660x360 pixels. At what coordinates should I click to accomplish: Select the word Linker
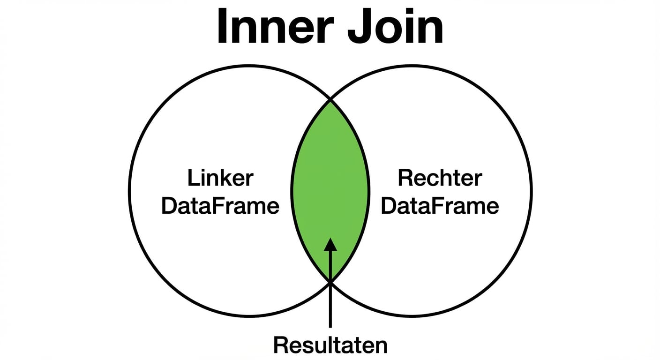click(220, 179)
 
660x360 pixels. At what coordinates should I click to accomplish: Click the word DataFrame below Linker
click(220, 206)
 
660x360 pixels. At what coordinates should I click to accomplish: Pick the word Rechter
click(440, 179)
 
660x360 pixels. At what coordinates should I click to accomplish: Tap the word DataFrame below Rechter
click(440, 206)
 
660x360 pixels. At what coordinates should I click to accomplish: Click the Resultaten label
click(330, 345)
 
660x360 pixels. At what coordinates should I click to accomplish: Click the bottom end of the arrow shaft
click(330, 326)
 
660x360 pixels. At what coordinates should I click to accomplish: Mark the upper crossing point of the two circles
click(330, 99)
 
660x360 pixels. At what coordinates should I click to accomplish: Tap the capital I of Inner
click(222, 27)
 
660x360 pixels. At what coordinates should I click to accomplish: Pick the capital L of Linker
click(192, 179)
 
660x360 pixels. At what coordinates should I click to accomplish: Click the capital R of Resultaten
click(280, 345)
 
